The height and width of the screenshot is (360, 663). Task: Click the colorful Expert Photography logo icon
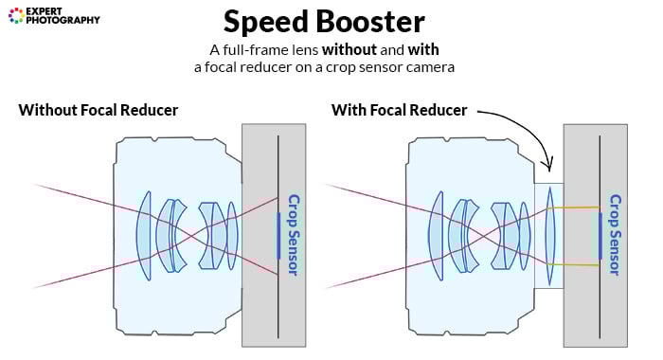tap(15, 14)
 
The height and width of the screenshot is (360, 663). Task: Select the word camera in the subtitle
tap(429, 67)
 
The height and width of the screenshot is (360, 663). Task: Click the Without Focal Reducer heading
tap(98, 110)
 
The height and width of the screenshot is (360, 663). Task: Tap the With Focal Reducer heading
tap(399, 110)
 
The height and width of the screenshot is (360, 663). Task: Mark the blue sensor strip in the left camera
tap(278, 235)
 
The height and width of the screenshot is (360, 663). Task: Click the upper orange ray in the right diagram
tap(578, 207)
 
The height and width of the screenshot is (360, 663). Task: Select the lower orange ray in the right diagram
tap(578, 264)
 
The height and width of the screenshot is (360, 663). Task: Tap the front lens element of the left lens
tap(143, 235)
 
